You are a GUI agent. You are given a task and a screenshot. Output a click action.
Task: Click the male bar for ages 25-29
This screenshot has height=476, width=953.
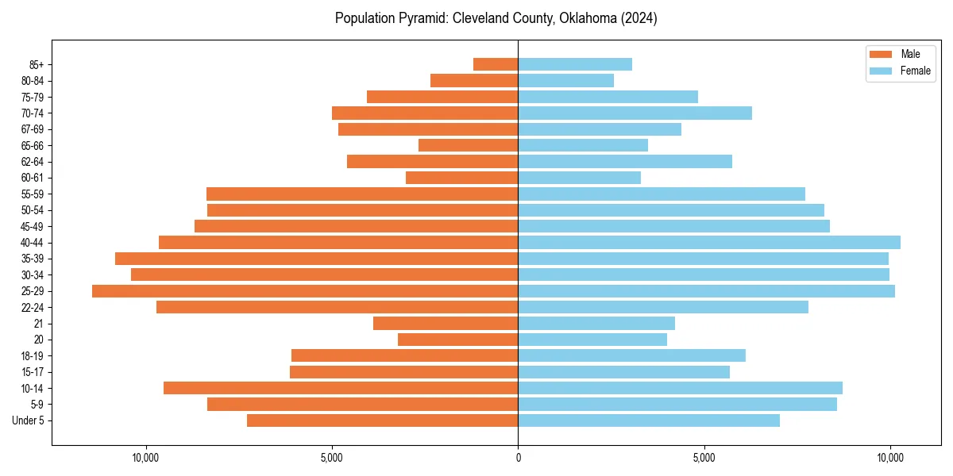(x=305, y=291)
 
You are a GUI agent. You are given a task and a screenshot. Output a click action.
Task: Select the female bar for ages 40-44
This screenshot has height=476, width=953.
(x=709, y=243)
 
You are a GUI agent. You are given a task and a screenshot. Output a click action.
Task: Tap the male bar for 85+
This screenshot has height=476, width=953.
(x=496, y=64)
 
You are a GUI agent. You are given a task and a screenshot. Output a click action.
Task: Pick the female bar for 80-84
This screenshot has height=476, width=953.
(x=565, y=81)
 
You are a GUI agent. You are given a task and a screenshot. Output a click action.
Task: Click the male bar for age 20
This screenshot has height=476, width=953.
(x=458, y=340)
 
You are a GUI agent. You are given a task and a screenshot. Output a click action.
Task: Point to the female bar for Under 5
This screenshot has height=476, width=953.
(x=649, y=420)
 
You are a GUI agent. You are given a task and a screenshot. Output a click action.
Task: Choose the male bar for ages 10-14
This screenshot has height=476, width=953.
(x=341, y=388)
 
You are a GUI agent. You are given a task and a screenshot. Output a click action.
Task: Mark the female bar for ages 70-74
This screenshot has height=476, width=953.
(x=635, y=113)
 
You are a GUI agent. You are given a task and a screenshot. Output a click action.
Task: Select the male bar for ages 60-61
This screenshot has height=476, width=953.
(x=462, y=178)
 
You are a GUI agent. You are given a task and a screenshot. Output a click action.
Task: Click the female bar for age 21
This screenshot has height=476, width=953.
(x=596, y=324)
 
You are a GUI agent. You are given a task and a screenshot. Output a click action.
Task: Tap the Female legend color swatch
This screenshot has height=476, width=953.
(x=882, y=71)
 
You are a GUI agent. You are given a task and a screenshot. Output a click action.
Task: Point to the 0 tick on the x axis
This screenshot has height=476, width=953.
(x=518, y=458)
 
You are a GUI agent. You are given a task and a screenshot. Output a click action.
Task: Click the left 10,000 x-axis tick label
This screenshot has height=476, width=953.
(x=145, y=458)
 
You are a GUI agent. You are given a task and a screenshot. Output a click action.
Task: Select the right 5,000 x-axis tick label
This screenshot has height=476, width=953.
(x=704, y=458)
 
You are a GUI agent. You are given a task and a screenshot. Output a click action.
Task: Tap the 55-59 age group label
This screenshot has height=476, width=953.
(x=33, y=194)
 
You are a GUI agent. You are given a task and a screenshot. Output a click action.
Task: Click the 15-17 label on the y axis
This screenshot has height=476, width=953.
(x=33, y=372)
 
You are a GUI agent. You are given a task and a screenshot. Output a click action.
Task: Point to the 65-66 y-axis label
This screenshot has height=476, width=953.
(x=33, y=146)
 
